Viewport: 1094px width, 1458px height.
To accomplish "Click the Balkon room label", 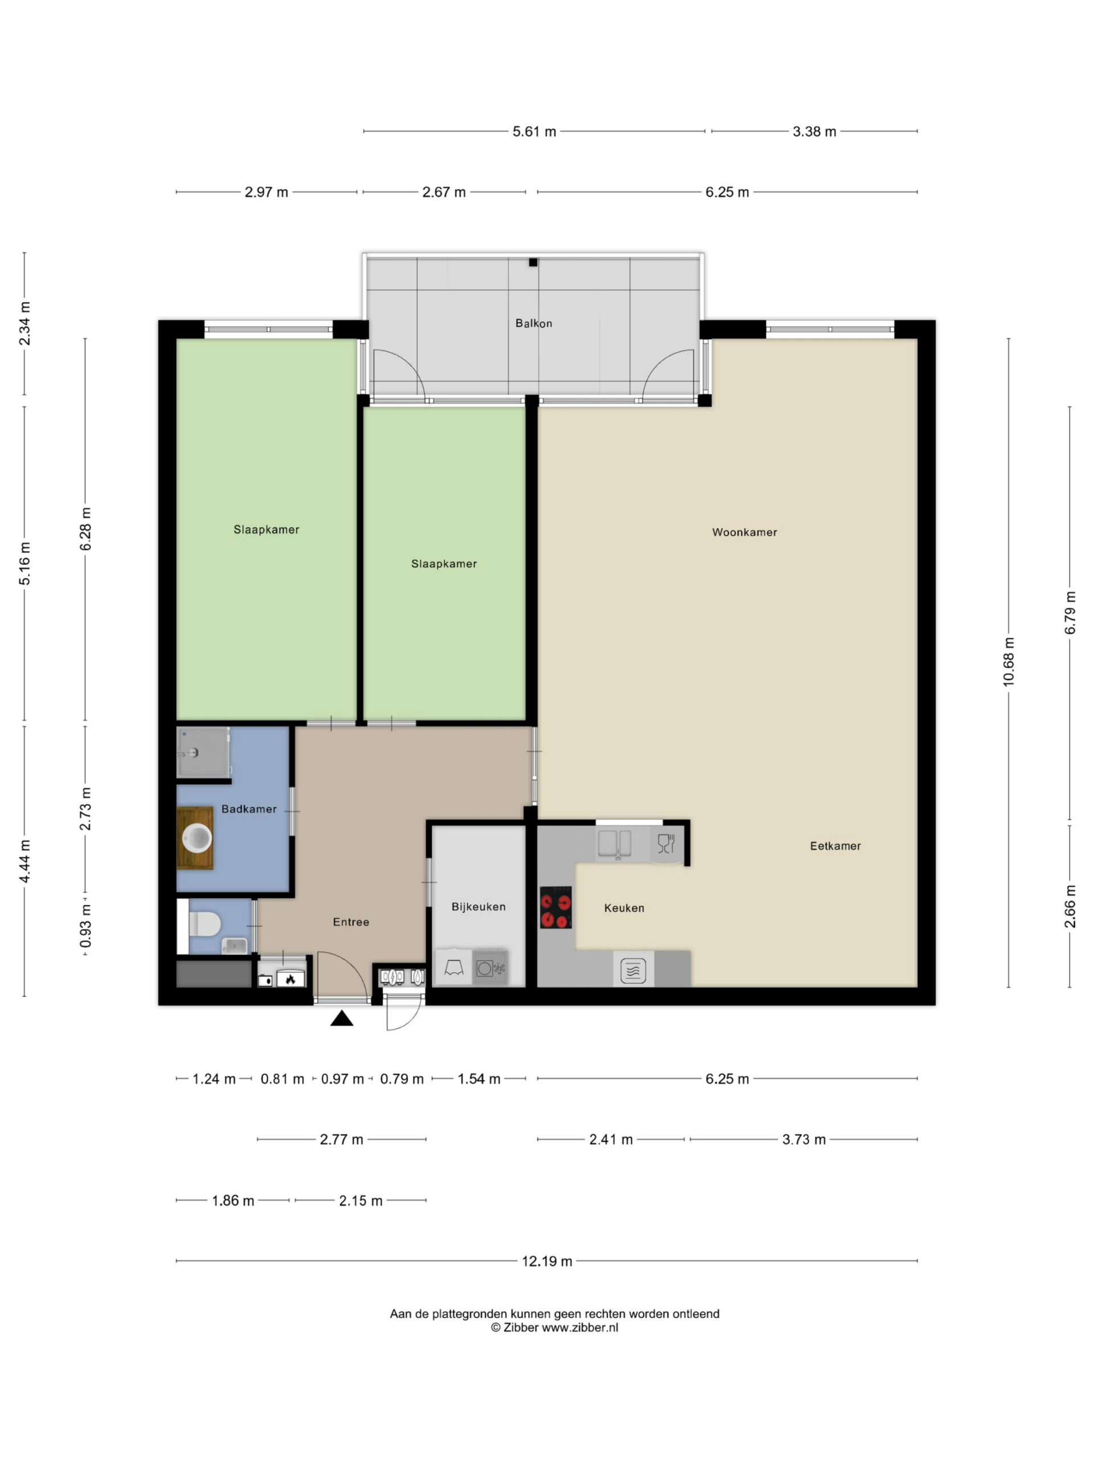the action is (x=533, y=323).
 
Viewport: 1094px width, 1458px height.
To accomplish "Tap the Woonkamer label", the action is (x=745, y=532).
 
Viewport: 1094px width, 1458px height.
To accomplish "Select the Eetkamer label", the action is (x=835, y=846).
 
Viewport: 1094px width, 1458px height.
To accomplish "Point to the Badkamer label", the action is (x=248, y=809).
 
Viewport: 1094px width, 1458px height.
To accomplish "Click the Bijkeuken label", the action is (x=479, y=906).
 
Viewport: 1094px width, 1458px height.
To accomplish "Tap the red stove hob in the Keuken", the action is (x=555, y=907).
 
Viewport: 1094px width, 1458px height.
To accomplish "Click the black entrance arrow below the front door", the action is (x=341, y=1018).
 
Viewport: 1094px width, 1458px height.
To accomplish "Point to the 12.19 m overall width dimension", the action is (x=546, y=1261).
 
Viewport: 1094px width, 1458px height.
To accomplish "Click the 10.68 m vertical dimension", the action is (x=1009, y=662).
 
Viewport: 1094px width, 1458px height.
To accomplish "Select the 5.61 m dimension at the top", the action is (x=534, y=131).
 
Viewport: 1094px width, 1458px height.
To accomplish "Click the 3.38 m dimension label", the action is (x=814, y=131).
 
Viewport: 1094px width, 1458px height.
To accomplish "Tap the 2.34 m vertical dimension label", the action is (x=25, y=323).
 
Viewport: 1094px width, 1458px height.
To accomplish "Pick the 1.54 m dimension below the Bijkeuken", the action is (x=479, y=1079).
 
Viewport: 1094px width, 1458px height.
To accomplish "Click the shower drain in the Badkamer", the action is (x=193, y=753).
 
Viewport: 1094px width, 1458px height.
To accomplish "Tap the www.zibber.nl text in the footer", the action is (x=579, y=1328).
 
